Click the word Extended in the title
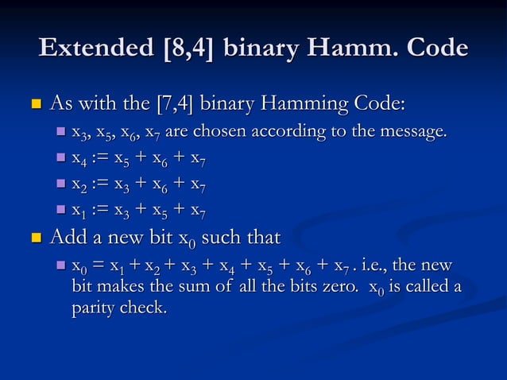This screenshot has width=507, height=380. tap(95, 48)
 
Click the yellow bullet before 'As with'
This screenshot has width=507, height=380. tap(35, 104)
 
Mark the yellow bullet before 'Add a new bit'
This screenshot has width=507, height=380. tap(35, 238)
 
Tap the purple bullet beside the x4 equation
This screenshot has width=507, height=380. tap(61, 158)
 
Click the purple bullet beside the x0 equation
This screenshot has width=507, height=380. tap(61, 265)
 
